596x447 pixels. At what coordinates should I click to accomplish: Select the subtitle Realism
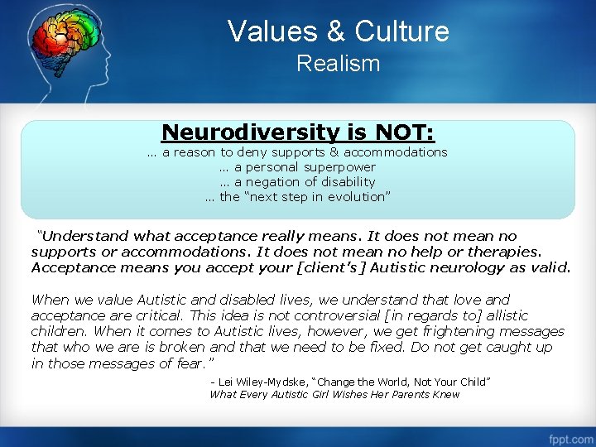click(338, 64)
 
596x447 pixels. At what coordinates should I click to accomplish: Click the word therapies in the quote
click(507, 252)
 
